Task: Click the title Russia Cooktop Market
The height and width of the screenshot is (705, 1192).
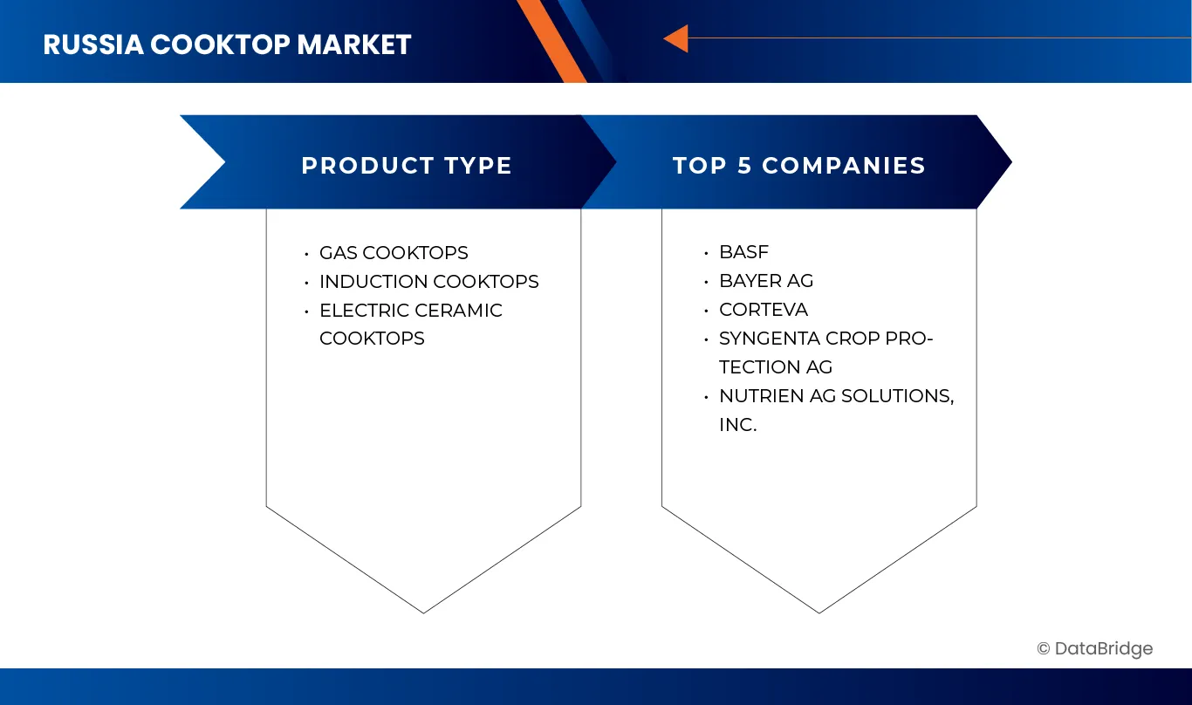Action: pos(227,44)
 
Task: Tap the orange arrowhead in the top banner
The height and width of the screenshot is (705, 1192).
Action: pos(676,38)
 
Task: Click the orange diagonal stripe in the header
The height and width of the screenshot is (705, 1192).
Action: pos(551,39)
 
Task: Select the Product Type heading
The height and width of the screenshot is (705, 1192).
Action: pos(407,166)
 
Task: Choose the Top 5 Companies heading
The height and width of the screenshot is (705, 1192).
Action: pos(798,166)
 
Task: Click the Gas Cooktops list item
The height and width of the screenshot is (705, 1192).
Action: pos(394,253)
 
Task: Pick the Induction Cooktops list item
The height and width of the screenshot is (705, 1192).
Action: pos(428,282)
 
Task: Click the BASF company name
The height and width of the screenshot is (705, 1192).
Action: pos(743,252)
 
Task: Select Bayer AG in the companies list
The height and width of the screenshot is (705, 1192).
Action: pos(765,281)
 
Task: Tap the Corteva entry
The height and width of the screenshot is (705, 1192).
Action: pos(763,310)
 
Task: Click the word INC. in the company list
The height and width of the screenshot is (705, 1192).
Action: pos(737,425)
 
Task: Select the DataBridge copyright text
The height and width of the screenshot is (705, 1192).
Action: pos(1094,648)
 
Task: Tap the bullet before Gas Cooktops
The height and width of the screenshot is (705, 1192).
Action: pos(306,254)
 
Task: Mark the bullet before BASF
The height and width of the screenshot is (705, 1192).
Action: pos(706,253)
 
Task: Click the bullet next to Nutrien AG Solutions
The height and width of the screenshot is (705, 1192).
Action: pos(706,397)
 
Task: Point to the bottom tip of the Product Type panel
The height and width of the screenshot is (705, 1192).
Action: pos(423,612)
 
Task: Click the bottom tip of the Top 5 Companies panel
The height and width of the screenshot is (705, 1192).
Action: pos(819,612)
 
